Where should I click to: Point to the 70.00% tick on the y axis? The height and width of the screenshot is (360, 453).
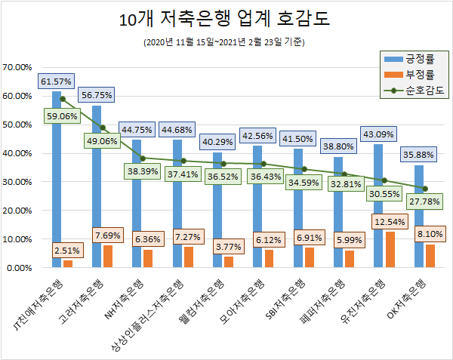(17, 67)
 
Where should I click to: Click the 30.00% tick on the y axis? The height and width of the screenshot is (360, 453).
(17, 182)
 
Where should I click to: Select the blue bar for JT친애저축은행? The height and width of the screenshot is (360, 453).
(56, 181)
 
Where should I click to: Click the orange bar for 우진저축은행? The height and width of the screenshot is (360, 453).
(389, 250)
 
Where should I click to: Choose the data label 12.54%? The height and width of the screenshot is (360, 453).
(388, 223)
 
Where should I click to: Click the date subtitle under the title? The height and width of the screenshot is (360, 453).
(224, 42)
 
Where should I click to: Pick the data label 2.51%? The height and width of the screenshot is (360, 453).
(66, 250)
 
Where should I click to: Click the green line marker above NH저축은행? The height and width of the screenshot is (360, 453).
(142, 158)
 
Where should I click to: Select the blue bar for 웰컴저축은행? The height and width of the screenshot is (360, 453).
(217, 211)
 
